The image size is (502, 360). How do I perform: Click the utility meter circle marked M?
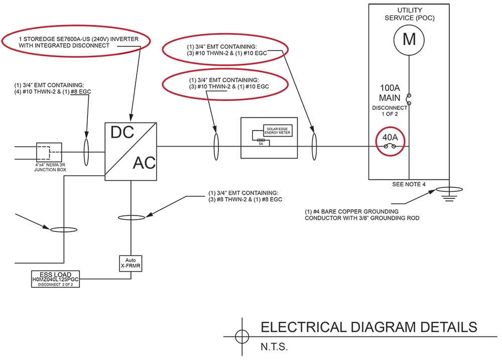(410, 39)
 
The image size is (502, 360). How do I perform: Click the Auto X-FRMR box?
(131, 264)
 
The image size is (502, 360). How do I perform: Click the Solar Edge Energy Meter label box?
(278, 131)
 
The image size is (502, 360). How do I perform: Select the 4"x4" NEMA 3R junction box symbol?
(49, 152)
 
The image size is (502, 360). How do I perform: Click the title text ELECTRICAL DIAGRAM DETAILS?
(369, 327)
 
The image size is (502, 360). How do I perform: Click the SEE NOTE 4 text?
(409, 184)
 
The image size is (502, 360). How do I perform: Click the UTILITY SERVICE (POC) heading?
(410, 14)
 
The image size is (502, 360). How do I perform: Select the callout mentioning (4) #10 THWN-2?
(53, 89)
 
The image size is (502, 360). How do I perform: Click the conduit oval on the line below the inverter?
(131, 217)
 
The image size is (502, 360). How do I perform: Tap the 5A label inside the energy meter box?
(261, 144)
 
